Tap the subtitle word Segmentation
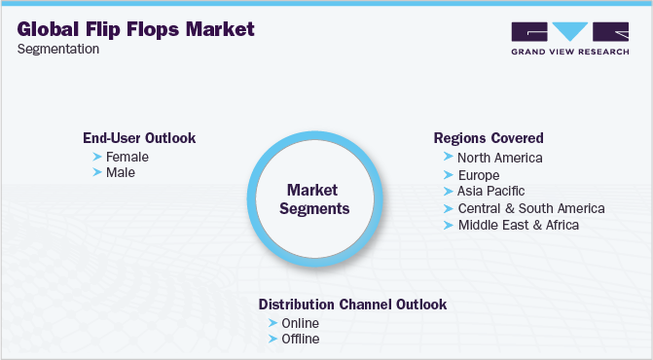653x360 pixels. pyautogui.click(x=59, y=50)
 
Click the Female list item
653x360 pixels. pyautogui.click(x=127, y=156)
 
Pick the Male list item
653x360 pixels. pyautogui.click(x=121, y=172)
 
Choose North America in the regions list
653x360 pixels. pyautogui.click(x=499, y=157)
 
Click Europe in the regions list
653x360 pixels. pyautogui.click(x=479, y=174)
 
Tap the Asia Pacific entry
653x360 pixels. pyautogui.click(x=492, y=191)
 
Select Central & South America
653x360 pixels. pyautogui.click(x=531, y=208)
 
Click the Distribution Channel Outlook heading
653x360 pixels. pyautogui.click(x=352, y=305)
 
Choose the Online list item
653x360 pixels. pyautogui.click(x=301, y=323)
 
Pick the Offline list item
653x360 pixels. pyautogui.click(x=301, y=340)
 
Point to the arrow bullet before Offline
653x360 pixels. pyautogui.click(x=272, y=340)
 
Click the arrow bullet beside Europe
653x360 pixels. pyautogui.click(x=448, y=174)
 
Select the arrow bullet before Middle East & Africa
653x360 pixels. pyautogui.click(x=448, y=225)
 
